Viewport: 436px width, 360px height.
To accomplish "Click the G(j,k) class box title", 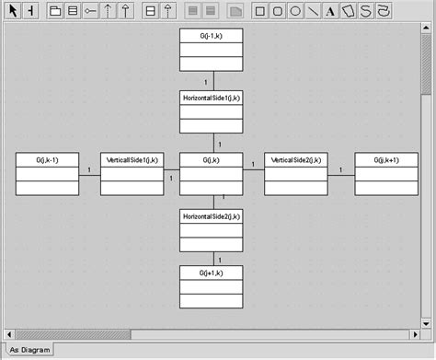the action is tap(212, 160).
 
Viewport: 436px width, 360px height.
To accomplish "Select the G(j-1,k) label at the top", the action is tap(212, 35).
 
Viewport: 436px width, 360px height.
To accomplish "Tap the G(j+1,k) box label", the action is tap(212, 273).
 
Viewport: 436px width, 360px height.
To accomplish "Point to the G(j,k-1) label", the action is tap(48, 160).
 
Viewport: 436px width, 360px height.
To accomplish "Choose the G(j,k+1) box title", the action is tap(386, 160).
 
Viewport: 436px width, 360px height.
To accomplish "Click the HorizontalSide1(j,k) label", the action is tap(212, 97).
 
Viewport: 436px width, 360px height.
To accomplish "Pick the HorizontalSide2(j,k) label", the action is tap(212, 216).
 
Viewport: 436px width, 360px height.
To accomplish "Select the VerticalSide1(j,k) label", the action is tap(132, 160).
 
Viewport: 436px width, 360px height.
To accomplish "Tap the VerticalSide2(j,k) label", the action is tap(295, 160).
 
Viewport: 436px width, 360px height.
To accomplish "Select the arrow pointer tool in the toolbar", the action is tap(13, 11).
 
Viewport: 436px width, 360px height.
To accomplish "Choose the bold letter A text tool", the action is tap(330, 11).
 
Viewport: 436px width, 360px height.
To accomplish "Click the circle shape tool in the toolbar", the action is tap(295, 11).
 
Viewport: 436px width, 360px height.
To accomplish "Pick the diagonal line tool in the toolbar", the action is tap(313, 11).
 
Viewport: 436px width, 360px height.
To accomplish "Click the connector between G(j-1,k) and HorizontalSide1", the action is tap(212, 81).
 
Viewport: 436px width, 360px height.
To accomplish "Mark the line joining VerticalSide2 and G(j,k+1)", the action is tap(340, 174).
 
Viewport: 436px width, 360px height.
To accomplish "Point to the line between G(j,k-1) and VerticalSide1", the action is tap(89, 174).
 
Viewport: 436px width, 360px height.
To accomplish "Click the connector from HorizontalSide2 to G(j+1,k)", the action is tap(212, 259).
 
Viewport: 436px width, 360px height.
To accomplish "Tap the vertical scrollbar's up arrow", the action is tap(427, 36).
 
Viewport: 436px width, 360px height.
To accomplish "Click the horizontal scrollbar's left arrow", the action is tap(7, 333).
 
